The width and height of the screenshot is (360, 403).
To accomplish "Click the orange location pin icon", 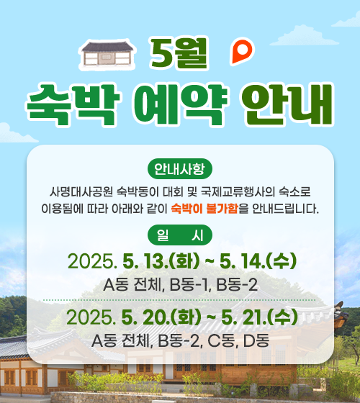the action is (242, 51).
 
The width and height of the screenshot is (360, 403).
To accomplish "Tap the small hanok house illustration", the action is (107, 55).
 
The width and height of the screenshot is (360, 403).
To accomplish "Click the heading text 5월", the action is (179, 54).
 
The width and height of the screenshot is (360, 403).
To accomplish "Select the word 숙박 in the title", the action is (73, 105).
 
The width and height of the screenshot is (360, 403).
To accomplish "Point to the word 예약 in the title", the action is (181, 105).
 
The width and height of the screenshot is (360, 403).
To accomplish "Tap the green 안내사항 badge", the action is (180, 169).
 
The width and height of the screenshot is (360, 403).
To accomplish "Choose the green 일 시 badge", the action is (180, 235).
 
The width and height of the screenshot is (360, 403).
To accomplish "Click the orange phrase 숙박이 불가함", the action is (204, 209).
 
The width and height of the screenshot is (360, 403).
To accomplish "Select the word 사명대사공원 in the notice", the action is (81, 191).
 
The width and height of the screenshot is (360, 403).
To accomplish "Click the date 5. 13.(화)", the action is (161, 261).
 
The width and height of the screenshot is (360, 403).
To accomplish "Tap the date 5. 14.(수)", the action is (258, 261).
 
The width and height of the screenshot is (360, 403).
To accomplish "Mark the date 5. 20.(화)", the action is (161, 317).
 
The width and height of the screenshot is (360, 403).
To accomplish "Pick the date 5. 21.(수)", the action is (259, 317).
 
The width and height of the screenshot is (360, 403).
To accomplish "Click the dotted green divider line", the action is (179, 300).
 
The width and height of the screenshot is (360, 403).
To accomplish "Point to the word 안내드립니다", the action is (285, 209).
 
